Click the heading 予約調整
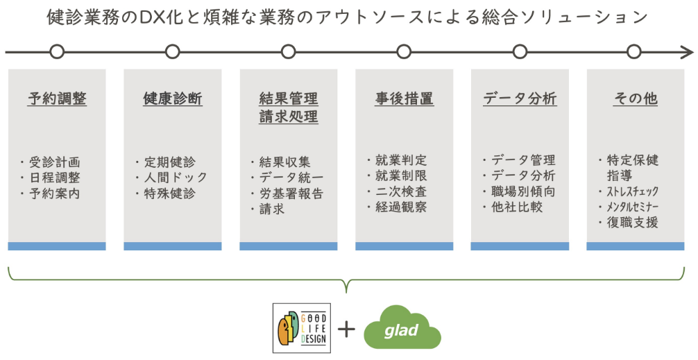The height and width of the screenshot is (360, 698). (x=57, y=98)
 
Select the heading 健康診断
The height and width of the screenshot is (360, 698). (x=173, y=98)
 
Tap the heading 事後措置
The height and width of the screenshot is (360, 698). (x=405, y=98)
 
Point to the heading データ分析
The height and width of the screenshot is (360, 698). (x=520, y=98)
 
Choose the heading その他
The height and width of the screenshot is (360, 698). (x=636, y=98)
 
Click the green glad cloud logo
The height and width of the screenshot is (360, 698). (x=402, y=328)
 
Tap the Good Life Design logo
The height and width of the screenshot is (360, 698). (x=301, y=328)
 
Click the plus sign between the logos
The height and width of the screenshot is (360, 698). (x=346, y=329)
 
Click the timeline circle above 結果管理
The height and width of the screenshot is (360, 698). (x=289, y=52)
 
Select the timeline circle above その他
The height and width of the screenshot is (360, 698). (x=634, y=52)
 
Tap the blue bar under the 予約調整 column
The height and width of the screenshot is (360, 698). (x=57, y=246)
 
